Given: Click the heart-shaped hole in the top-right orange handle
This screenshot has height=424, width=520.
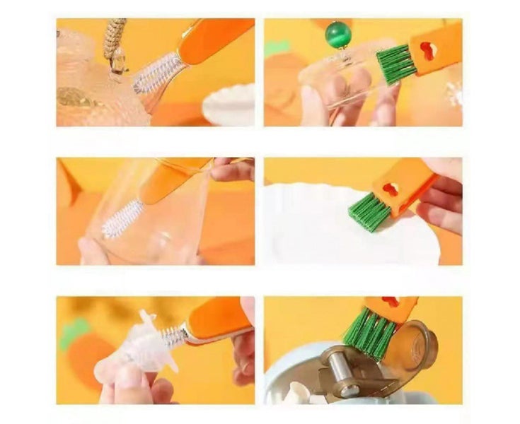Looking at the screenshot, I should [x=428, y=50].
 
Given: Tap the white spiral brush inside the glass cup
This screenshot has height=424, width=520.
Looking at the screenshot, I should [x=123, y=220].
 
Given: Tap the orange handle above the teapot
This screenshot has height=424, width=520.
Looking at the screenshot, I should [x=212, y=39].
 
